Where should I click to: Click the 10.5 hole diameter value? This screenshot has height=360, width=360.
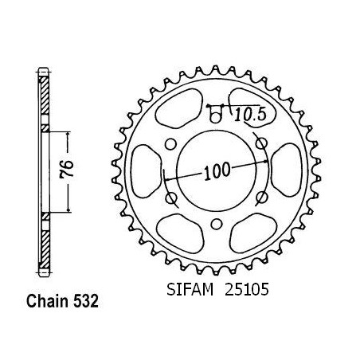tap(250, 115)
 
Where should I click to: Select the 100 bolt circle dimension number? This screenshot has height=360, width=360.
tap(217, 171)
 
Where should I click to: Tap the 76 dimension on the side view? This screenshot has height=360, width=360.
tap(67, 169)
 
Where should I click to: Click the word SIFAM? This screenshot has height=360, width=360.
tap(190, 289)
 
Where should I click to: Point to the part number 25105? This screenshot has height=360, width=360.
tap(247, 289)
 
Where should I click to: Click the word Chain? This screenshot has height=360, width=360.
tap(48, 301)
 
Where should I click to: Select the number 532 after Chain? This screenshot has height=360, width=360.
tap(86, 301)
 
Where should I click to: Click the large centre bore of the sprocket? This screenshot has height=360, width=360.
tap(217, 170)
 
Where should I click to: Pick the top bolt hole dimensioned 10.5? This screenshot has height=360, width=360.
tap(216, 116)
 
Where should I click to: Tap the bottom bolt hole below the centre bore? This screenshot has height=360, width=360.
tap(217, 225)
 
